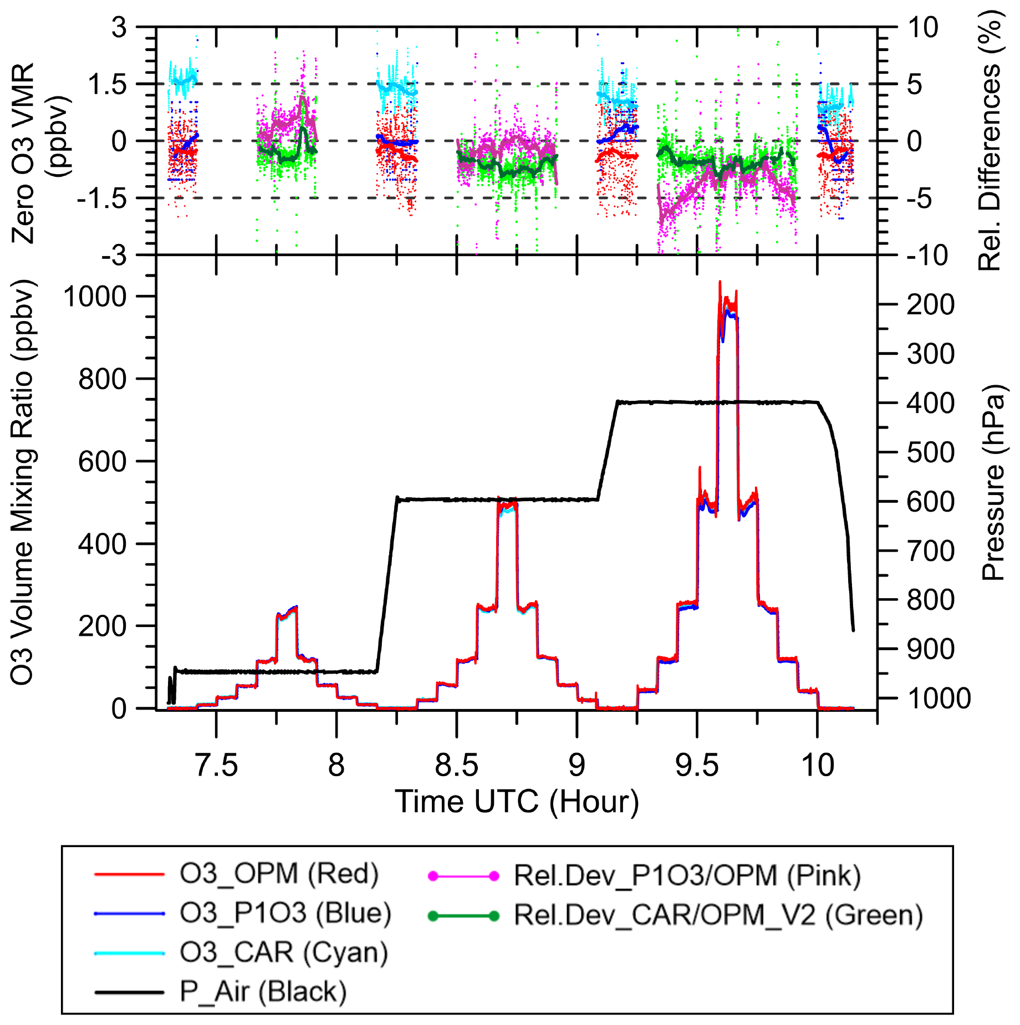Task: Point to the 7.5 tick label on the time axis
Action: [x=216, y=765]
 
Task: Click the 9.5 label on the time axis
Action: [x=697, y=765]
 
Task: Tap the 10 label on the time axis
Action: [x=818, y=765]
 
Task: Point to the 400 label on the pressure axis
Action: [x=931, y=403]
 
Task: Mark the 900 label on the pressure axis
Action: [x=931, y=649]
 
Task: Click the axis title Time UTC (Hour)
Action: [x=517, y=802]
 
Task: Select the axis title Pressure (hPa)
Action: [x=993, y=482]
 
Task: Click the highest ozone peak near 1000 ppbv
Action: [x=720, y=283]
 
